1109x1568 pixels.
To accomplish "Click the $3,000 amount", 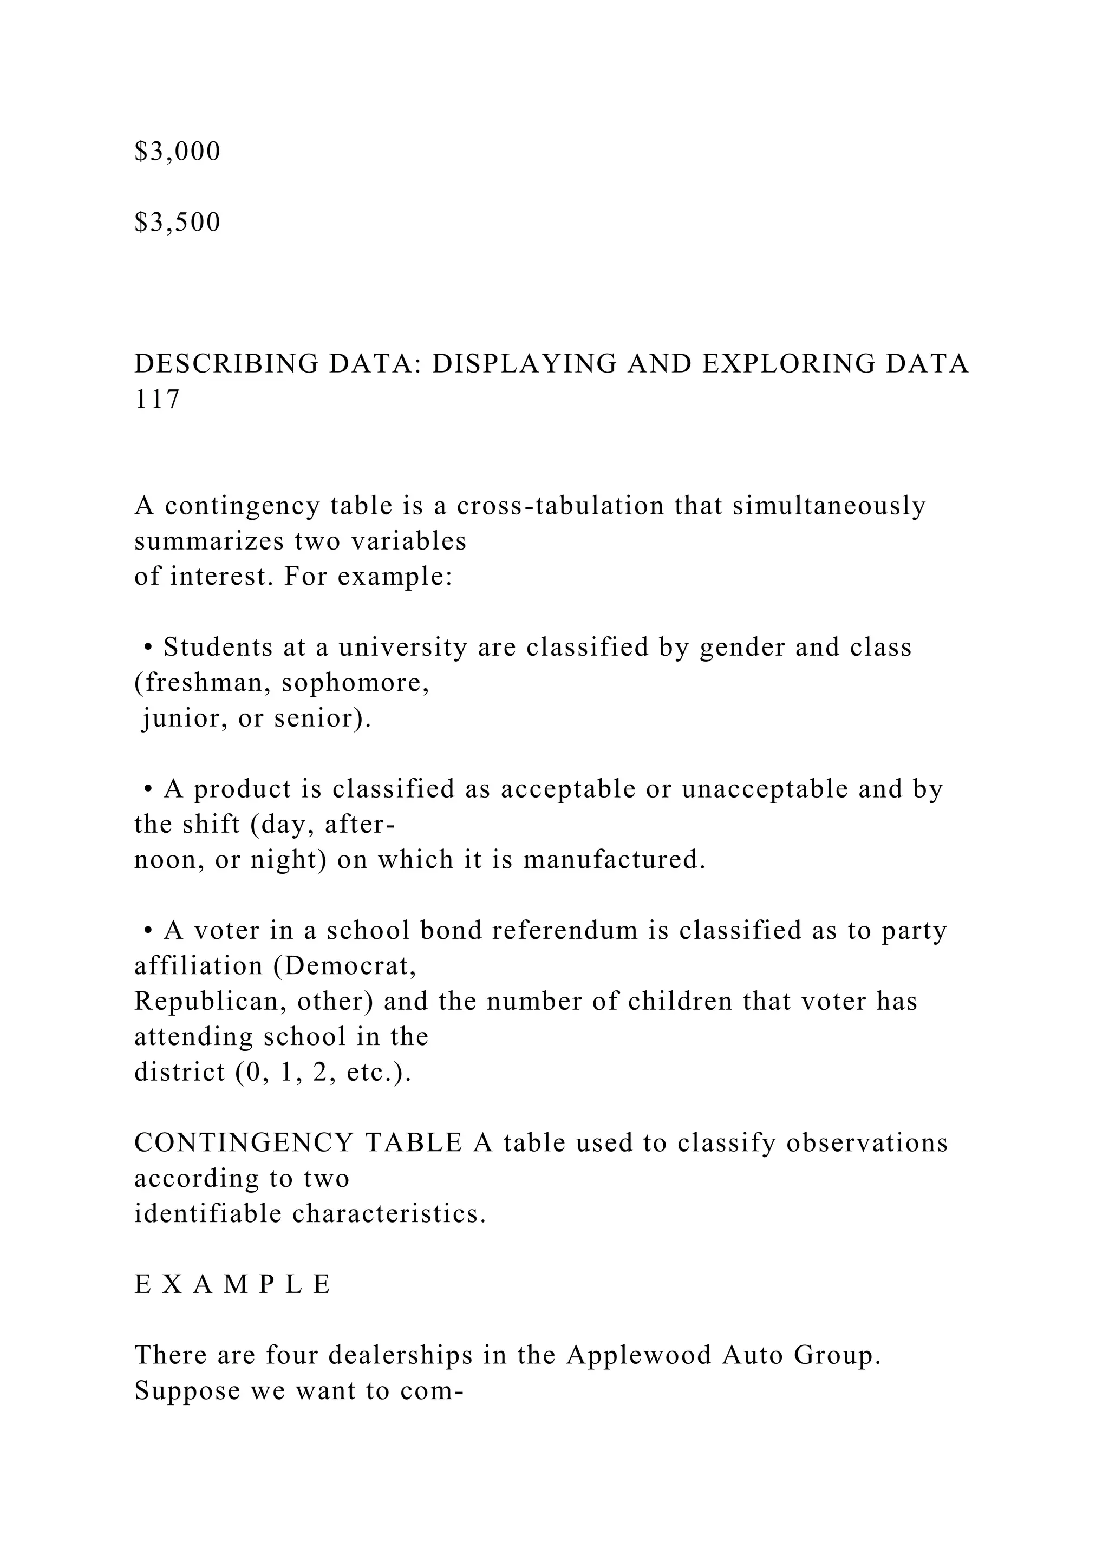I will coord(178,152).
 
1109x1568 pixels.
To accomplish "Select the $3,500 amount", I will coord(178,223).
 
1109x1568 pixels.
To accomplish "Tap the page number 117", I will coord(157,400).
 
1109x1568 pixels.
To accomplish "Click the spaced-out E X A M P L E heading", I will coord(233,1285).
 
